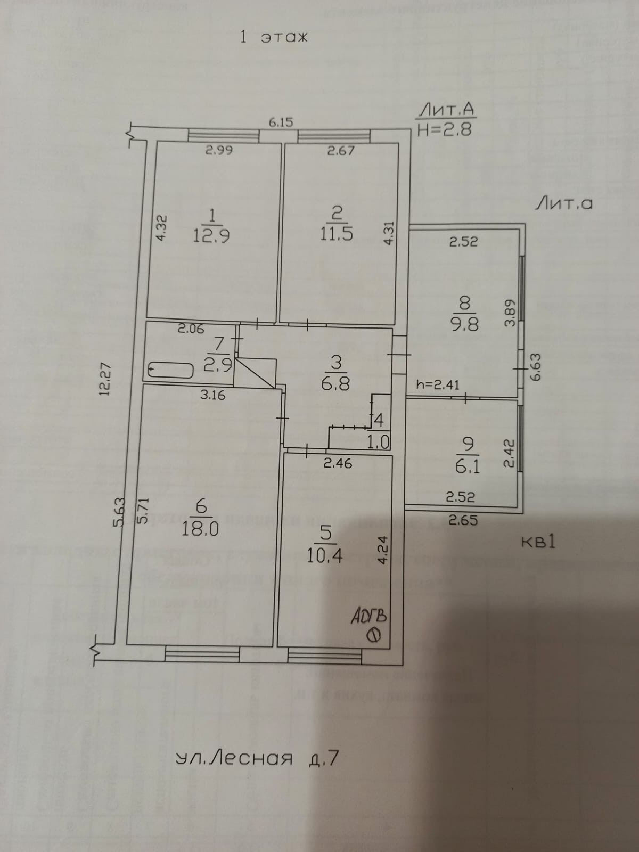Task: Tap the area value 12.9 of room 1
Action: click(x=211, y=235)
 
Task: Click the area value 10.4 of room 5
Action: click(x=324, y=556)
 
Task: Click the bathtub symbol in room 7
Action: click(x=171, y=370)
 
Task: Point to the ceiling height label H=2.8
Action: click(x=445, y=129)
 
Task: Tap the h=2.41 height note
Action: click(x=438, y=384)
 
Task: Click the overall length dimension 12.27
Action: click(x=104, y=379)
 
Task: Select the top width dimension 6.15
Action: click(x=281, y=122)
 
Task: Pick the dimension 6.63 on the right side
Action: click(x=535, y=367)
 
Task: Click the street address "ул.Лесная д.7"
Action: click(x=257, y=758)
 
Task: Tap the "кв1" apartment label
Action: click(x=538, y=542)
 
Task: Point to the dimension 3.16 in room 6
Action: click(x=212, y=395)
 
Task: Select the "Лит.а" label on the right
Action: click(x=563, y=203)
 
